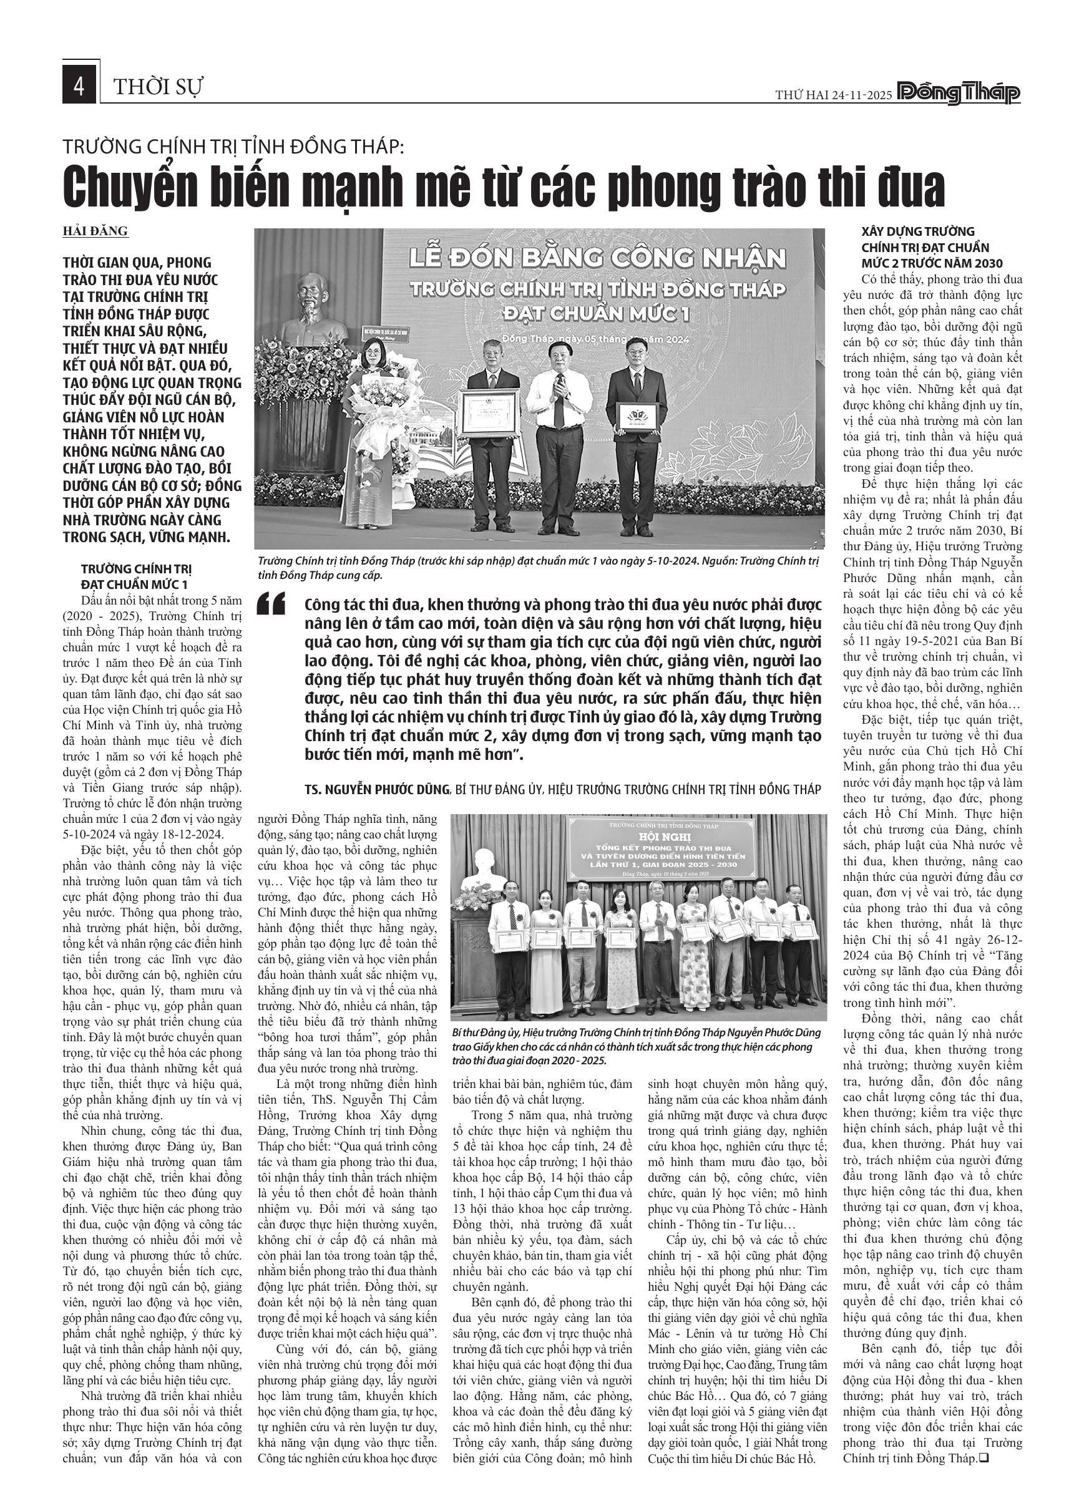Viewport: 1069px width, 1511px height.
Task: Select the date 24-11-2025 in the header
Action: pyautogui.click(x=861, y=95)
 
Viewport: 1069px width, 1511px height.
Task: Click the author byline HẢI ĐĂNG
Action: pyautogui.click(x=95, y=231)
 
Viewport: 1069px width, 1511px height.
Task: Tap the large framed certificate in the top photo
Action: pyautogui.click(x=491, y=412)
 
